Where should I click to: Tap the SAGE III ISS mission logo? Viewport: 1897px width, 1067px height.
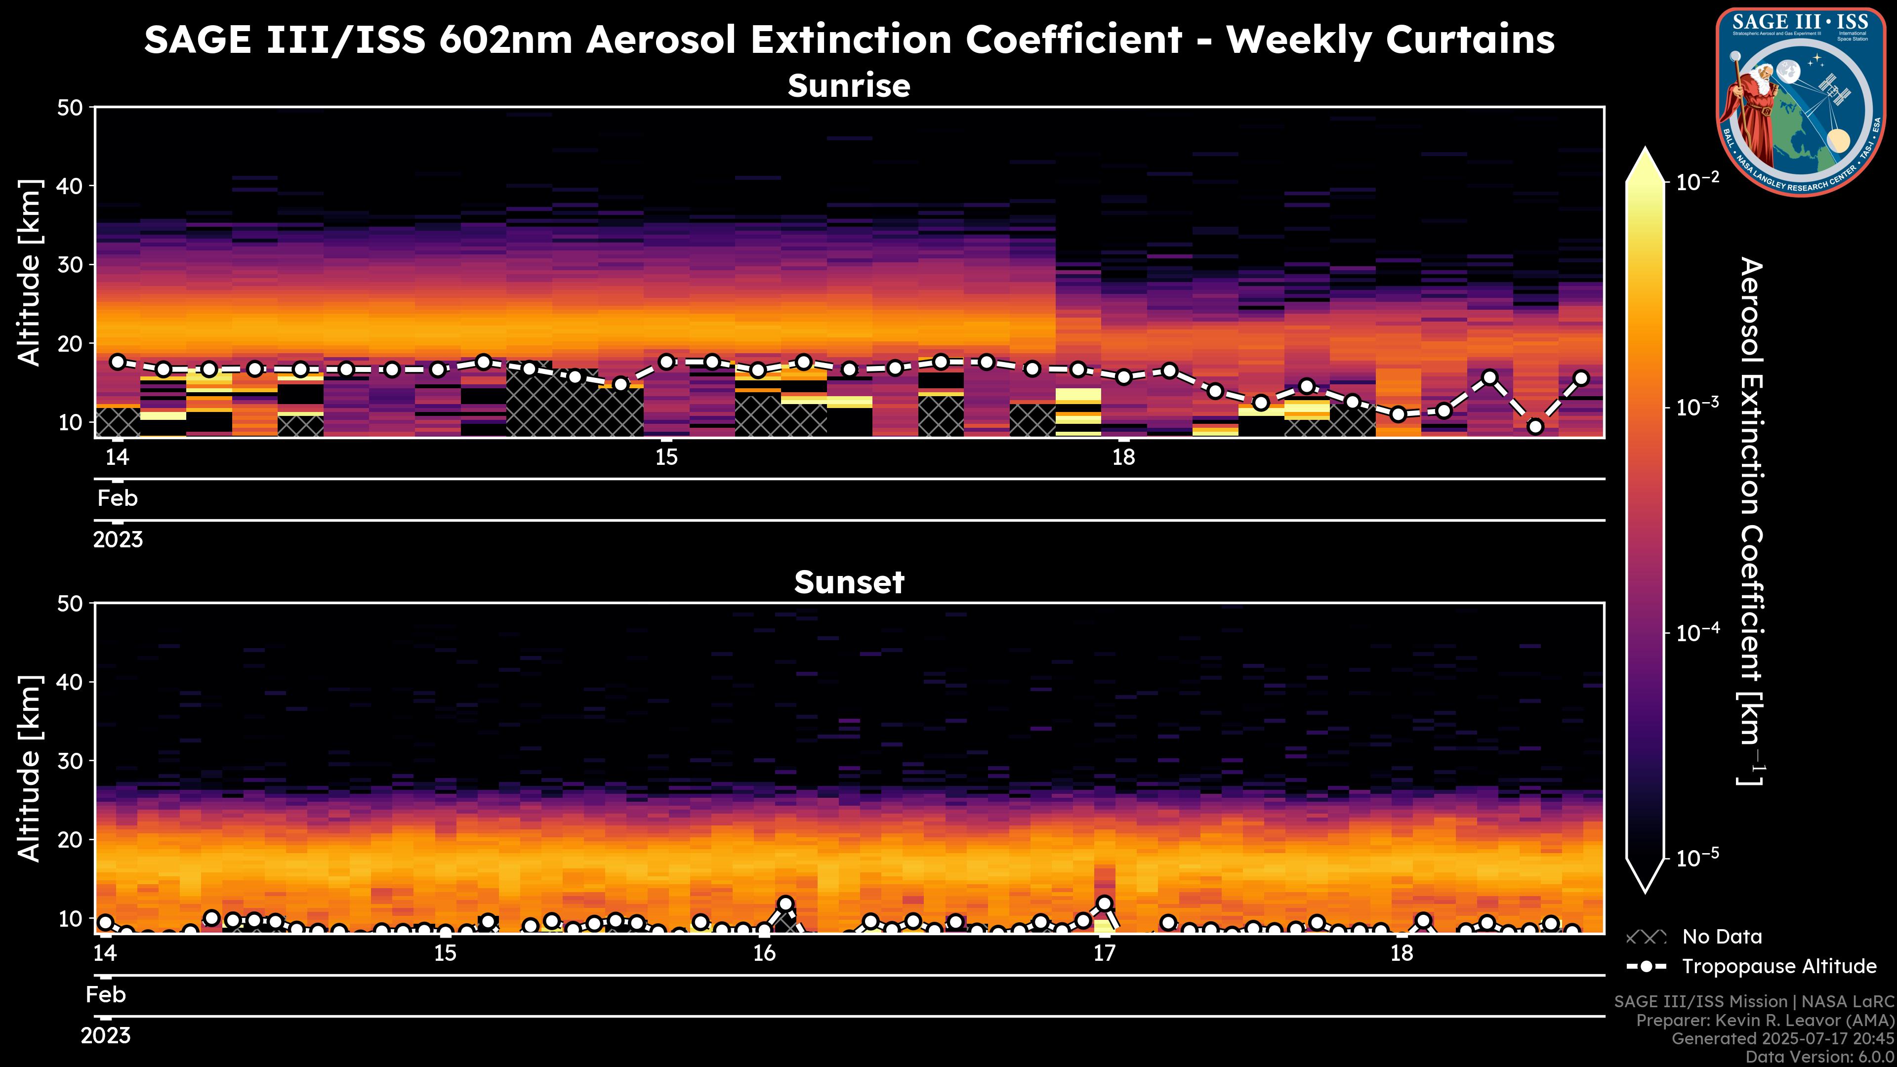tap(1801, 102)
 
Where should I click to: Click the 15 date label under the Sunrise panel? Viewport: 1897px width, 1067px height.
tap(666, 457)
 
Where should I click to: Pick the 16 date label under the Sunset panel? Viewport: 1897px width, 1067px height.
tap(764, 953)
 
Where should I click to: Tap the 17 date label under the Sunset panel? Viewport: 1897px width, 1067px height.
tap(1104, 953)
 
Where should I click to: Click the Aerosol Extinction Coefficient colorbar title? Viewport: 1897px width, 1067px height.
tap(1751, 521)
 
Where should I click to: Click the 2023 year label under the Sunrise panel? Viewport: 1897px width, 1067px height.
tap(118, 540)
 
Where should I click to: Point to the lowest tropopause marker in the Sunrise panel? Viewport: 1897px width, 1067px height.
tap(1535, 426)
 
